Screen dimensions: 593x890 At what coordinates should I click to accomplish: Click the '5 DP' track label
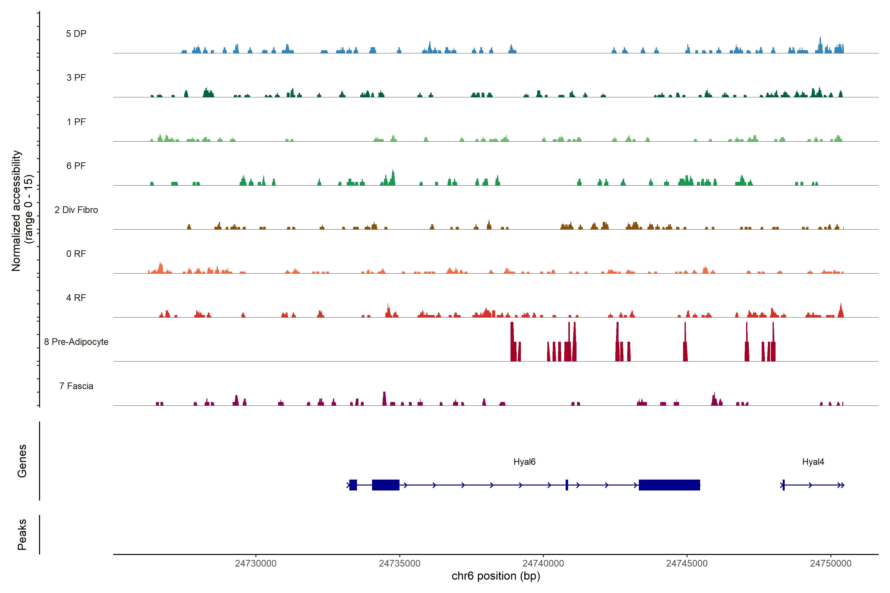click(76, 34)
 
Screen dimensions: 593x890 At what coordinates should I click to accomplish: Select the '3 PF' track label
click(76, 78)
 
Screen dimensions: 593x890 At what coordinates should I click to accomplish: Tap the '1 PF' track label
click(76, 122)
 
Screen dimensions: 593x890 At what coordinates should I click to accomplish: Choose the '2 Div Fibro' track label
click(76, 210)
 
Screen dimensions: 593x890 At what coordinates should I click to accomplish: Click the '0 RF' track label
click(76, 254)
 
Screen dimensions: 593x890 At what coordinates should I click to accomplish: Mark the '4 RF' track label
click(76, 298)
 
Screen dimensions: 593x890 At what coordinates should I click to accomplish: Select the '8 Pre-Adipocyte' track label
click(76, 342)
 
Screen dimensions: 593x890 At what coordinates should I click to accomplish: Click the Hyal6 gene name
click(524, 462)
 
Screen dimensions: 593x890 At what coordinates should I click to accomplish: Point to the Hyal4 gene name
click(813, 462)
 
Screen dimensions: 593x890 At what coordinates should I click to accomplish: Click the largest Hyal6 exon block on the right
click(669, 485)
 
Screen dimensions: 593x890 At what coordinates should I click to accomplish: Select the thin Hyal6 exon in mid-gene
click(566, 485)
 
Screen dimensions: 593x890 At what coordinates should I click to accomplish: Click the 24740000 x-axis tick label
click(543, 564)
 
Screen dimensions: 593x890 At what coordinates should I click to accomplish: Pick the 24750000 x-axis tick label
click(831, 564)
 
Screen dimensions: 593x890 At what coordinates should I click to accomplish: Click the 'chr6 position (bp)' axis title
click(496, 576)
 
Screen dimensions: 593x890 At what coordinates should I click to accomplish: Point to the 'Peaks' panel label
click(22, 534)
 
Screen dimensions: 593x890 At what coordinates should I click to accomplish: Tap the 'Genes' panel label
click(22, 461)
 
